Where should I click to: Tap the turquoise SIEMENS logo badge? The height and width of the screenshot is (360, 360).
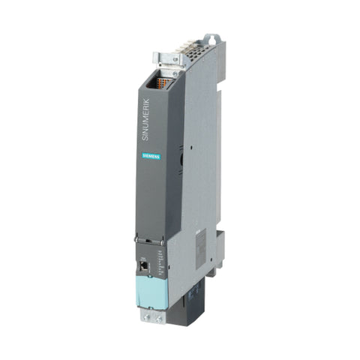(152, 155)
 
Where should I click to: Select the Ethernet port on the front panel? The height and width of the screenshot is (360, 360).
(142, 264)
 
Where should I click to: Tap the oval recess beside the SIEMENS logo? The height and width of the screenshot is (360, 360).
(181, 159)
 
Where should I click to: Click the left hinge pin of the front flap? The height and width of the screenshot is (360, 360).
(139, 242)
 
